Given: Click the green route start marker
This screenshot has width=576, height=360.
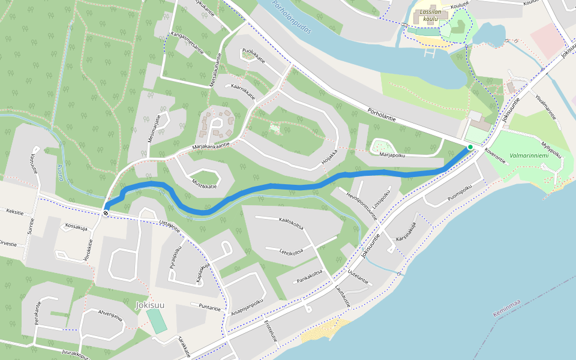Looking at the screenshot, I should coord(470,147).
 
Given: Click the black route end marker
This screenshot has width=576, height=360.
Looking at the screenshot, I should coord(106,212).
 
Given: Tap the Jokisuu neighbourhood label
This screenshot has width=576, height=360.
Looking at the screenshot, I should coord(150,305).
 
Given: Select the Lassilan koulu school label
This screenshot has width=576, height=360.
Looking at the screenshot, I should coord(428,15).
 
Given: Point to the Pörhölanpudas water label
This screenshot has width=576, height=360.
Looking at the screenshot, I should coord(292,17).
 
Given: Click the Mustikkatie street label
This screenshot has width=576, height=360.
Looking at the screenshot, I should coord(204,182).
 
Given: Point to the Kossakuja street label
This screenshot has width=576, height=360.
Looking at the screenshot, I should coord(76,227).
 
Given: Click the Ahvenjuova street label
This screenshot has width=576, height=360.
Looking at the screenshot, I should coord(110,315).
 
